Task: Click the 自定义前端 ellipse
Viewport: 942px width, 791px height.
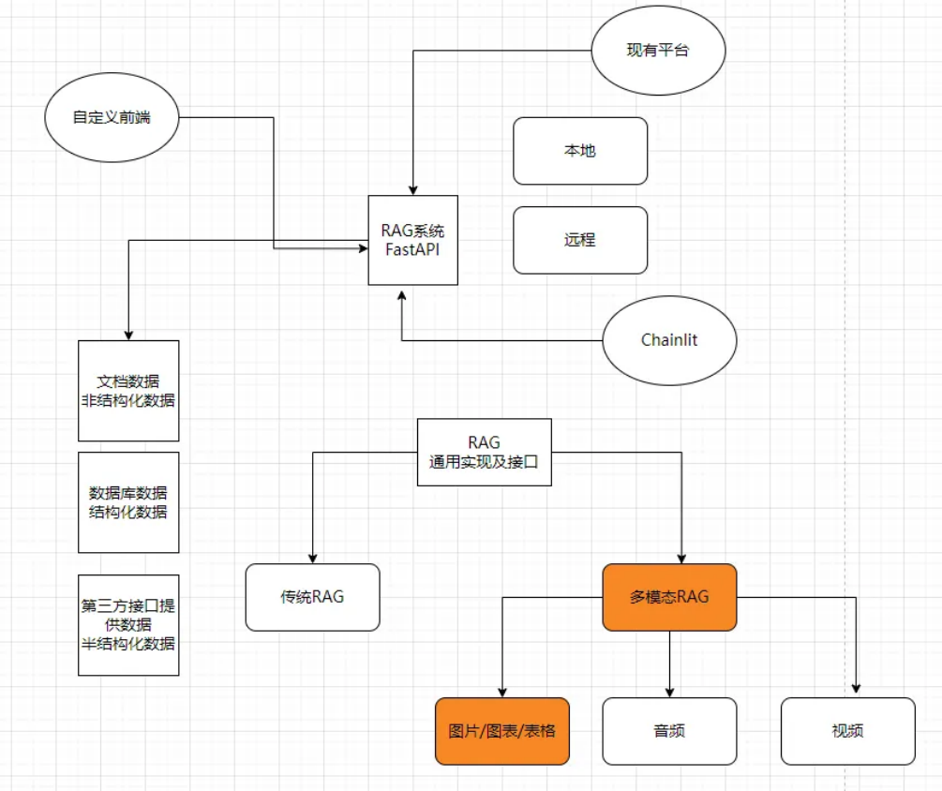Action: (x=111, y=118)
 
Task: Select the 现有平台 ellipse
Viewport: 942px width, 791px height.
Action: (x=658, y=51)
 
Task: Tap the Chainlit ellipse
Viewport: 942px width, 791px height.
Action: (x=669, y=339)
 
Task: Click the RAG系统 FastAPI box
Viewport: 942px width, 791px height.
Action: (x=413, y=240)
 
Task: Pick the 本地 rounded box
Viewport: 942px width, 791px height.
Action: (x=580, y=151)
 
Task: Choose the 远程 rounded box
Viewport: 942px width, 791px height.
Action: (x=580, y=240)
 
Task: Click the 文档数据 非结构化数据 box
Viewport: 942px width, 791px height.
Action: (x=128, y=391)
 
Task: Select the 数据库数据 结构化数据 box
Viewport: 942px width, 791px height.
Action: (x=128, y=502)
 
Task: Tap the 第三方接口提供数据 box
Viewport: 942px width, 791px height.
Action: (x=128, y=624)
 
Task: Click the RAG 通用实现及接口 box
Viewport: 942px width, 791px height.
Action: (x=484, y=452)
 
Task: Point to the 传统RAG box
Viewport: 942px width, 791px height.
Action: (x=312, y=597)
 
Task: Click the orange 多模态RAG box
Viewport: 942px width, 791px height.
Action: (x=669, y=597)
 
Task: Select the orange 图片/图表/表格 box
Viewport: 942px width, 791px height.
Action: (x=502, y=731)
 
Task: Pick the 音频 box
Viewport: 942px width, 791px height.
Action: (x=669, y=731)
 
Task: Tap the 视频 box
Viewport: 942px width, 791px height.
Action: (x=847, y=731)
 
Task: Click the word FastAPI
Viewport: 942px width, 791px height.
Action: (x=413, y=249)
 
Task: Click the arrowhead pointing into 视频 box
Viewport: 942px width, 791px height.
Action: (x=856, y=691)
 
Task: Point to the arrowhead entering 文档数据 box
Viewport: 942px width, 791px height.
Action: (x=128, y=335)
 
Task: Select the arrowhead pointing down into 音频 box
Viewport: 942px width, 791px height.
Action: (x=669, y=691)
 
